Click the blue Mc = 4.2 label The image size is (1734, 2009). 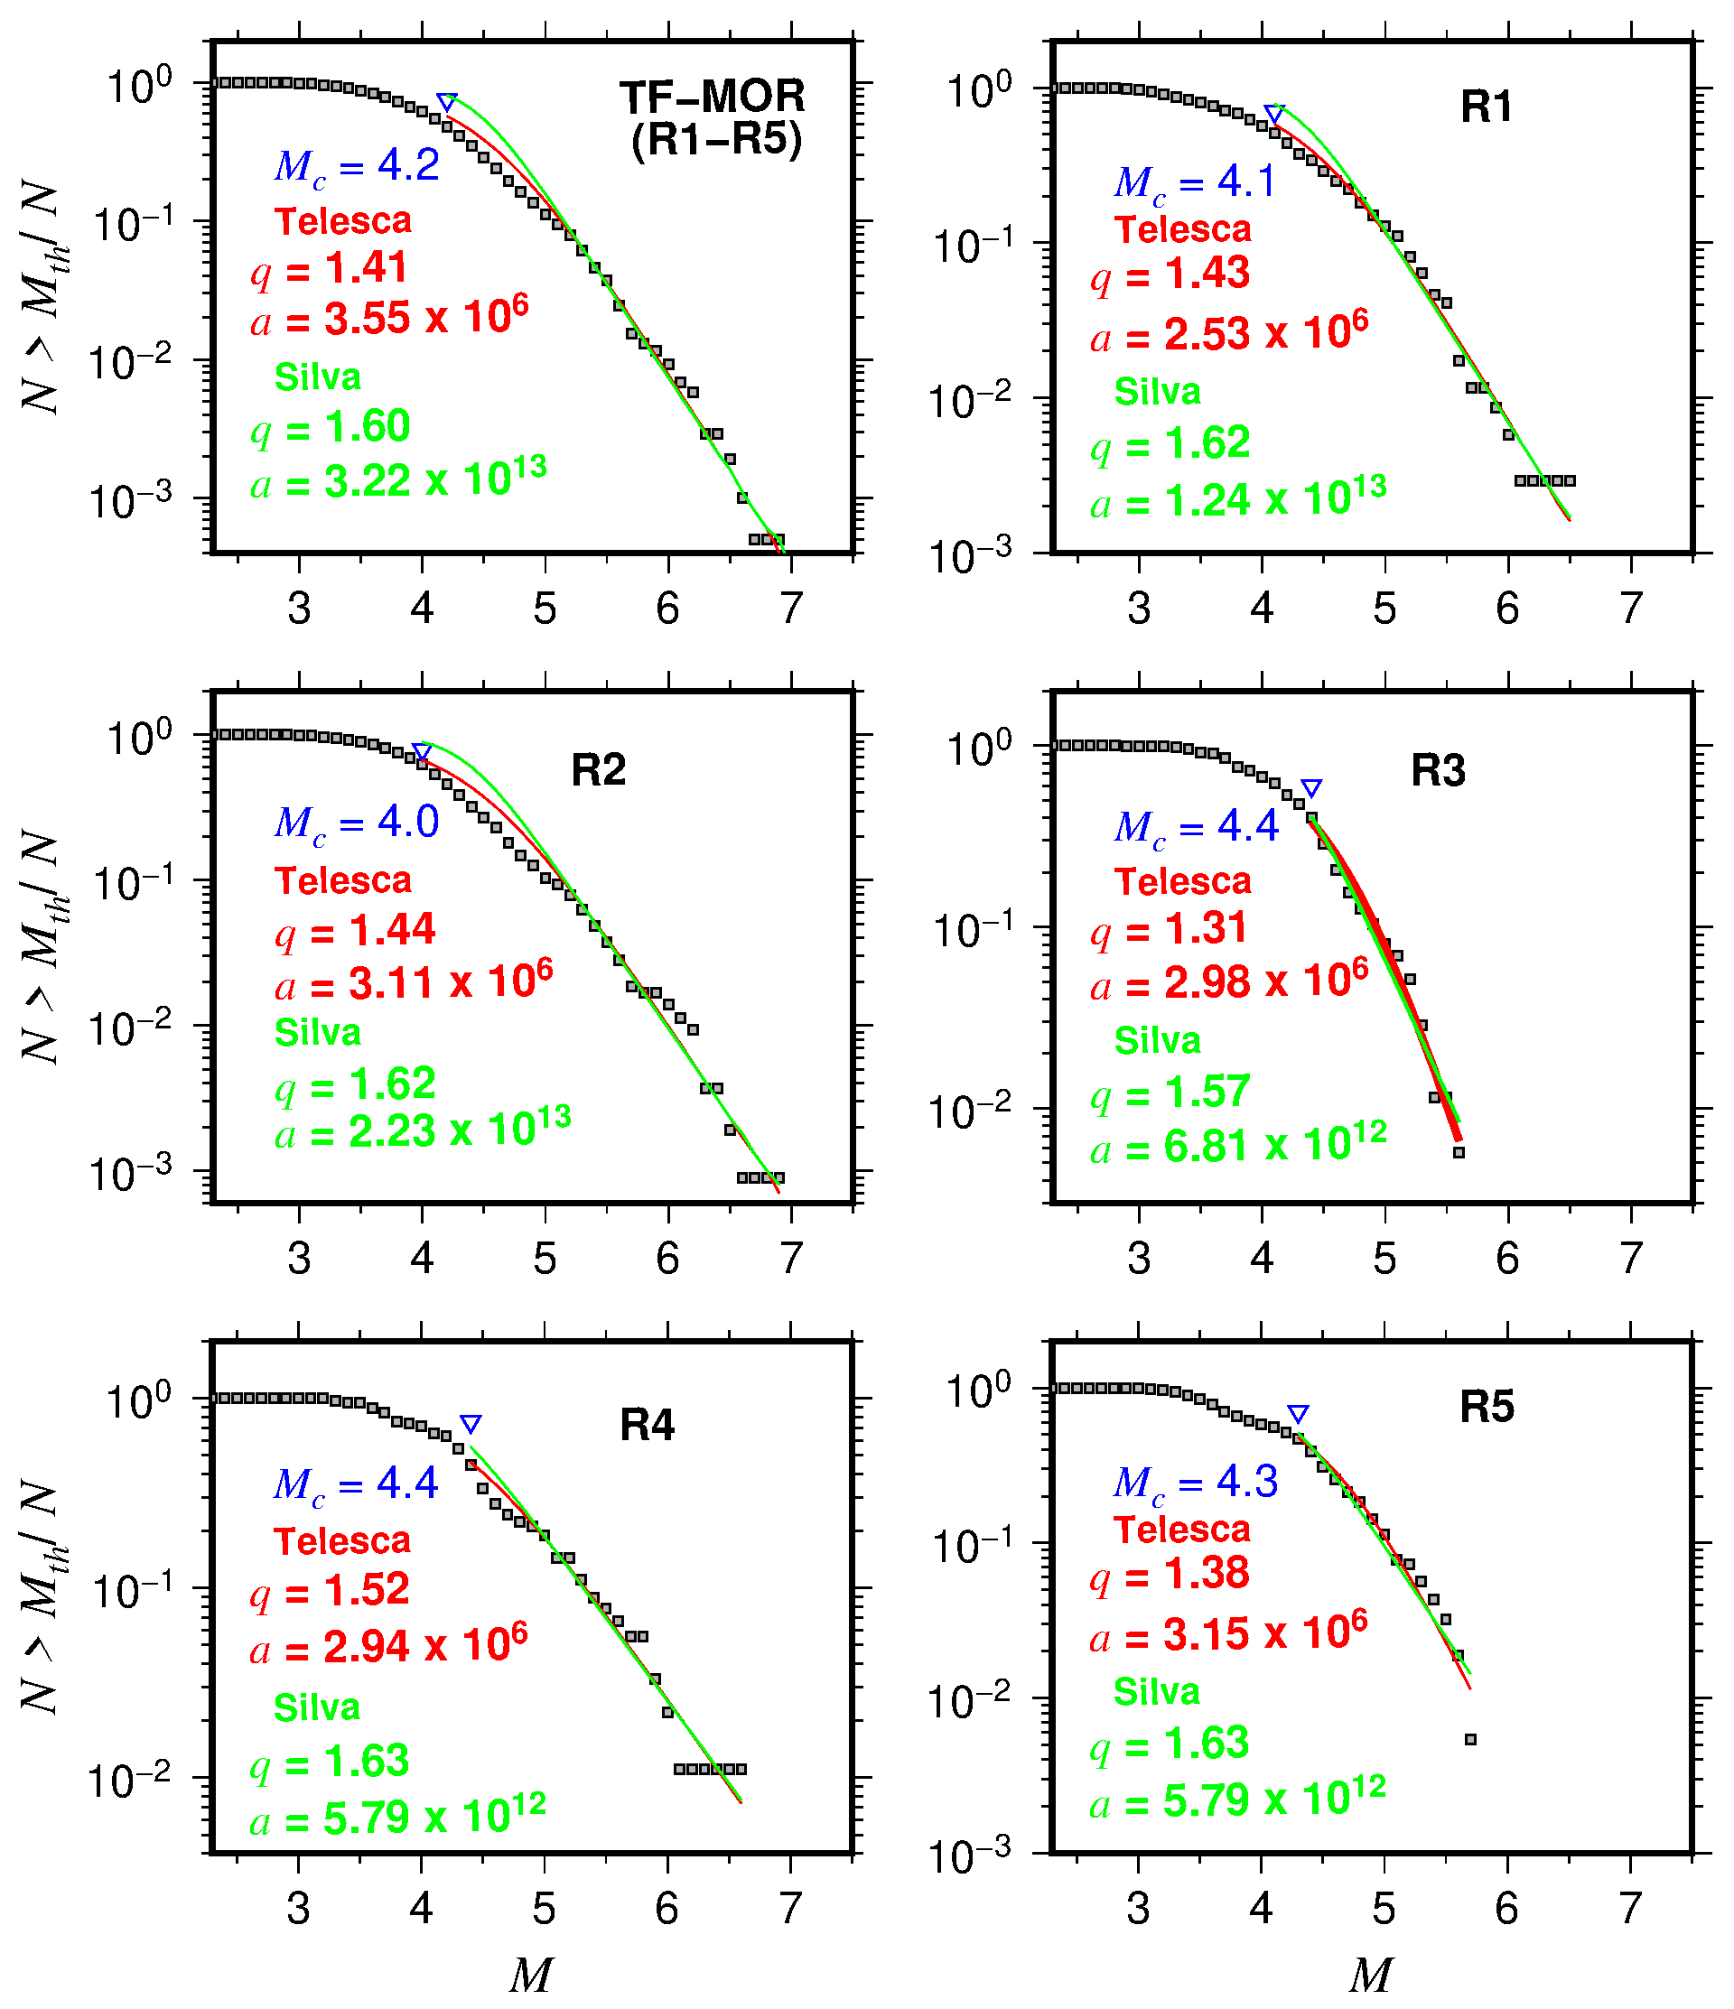[x=357, y=167]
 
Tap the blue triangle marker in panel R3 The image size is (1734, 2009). [x=1311, y=788]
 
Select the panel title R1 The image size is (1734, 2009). [x=1486, y=107]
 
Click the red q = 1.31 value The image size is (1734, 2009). [x=1169, y=930]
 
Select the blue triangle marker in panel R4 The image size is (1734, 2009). [x=471, y=1424]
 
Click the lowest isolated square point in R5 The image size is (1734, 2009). [x=1470, y=1739]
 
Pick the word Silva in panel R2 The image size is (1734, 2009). [x=318, y=1033]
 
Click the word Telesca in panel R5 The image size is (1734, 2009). [x=1182, y=1529]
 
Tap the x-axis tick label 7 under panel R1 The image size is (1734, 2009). [x=1631, y=609]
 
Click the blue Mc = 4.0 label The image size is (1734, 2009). [x=357, y=823]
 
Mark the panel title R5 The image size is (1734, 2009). [x=1486, y=1407]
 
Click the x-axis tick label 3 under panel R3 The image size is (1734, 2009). [x=1139, y=1259]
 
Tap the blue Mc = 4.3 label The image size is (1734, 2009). [x=1196, y=1482]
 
